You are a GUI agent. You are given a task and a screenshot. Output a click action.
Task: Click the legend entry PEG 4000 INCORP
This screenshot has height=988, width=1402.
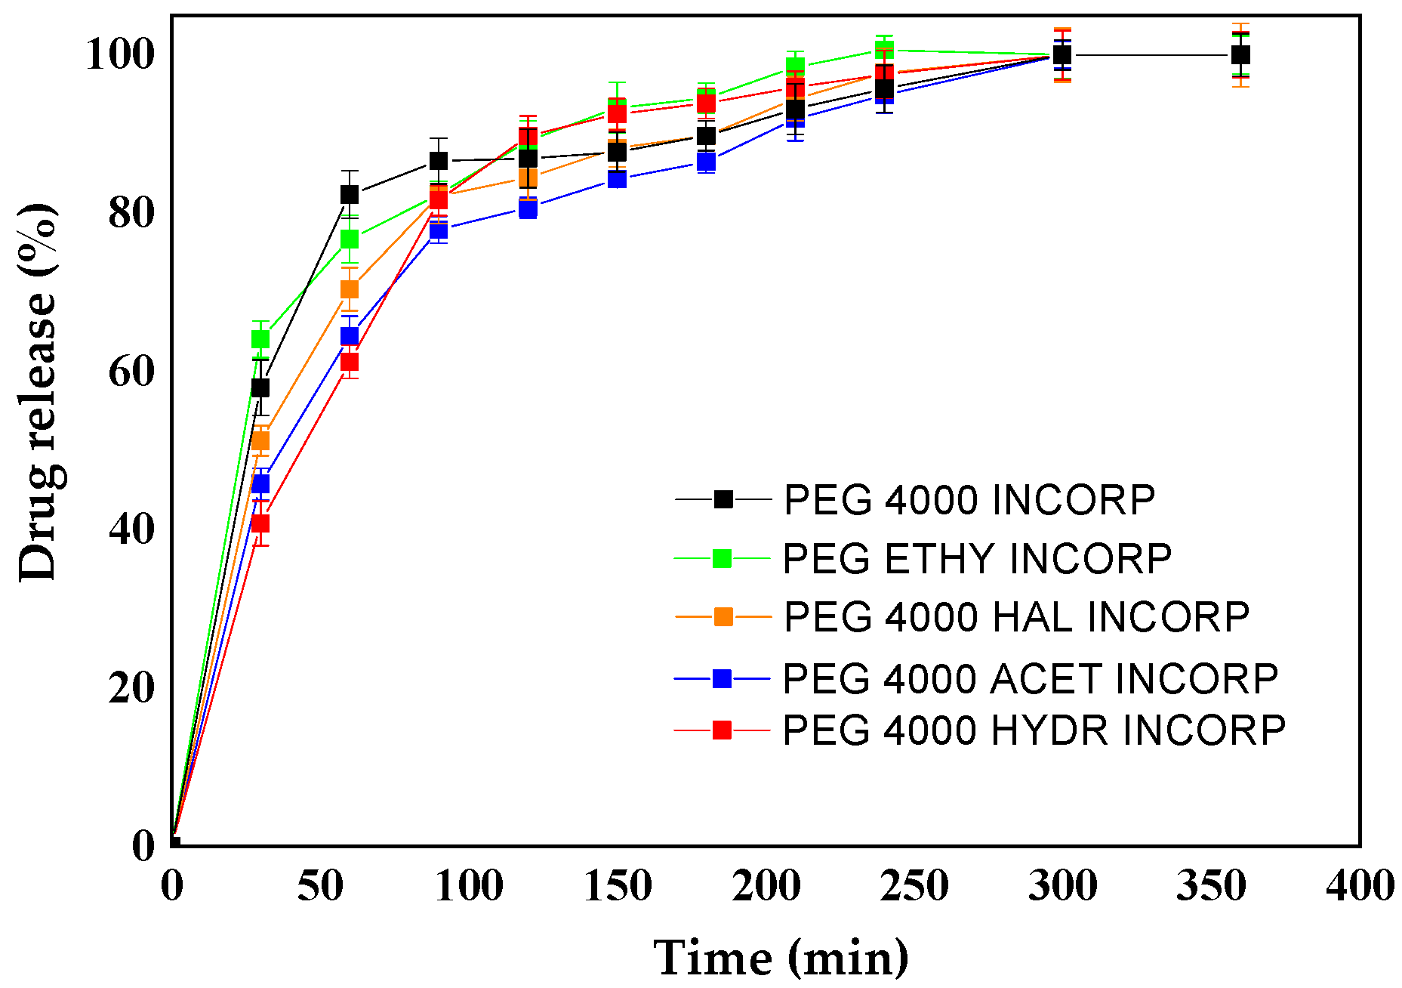pos(969,500)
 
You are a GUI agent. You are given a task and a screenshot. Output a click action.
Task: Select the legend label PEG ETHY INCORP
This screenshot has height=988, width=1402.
pos(977,559)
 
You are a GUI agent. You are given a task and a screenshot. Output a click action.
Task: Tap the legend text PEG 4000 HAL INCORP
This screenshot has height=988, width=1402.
pos(1016,617)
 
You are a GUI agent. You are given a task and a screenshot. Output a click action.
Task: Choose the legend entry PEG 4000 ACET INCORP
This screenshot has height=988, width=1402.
pos(1030,678)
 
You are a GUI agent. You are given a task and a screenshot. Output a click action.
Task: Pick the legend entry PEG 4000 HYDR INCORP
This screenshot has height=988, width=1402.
pos(1034,730)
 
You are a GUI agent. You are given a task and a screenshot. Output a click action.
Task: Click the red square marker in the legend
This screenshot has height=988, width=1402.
pos(723,730)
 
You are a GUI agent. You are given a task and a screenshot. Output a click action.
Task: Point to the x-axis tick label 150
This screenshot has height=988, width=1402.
pos(618,886)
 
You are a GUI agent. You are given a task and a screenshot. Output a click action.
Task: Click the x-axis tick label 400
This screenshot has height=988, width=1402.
pos(1359,886)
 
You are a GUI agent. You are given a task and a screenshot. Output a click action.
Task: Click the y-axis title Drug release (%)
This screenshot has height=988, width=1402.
pos(38,393)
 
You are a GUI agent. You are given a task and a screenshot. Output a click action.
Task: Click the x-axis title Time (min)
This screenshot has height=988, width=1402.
pos(781,958)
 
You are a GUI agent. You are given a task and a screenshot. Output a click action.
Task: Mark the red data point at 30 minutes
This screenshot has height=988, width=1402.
pos(260,523)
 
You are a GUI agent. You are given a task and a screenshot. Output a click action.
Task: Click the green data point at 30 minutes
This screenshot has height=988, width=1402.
pos(260,339)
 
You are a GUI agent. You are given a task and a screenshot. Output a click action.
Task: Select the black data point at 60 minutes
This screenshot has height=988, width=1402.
pos(350,195)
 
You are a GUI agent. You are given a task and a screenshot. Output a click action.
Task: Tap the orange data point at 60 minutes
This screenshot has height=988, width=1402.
pos(350,290)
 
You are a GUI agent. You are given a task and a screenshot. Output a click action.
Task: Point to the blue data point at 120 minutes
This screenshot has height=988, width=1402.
pos(528,208)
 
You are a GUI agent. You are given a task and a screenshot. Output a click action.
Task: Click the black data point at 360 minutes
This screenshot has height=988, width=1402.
pos(1240,55)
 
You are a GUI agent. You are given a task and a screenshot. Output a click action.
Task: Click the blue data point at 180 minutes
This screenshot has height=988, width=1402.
pos(707,162)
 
